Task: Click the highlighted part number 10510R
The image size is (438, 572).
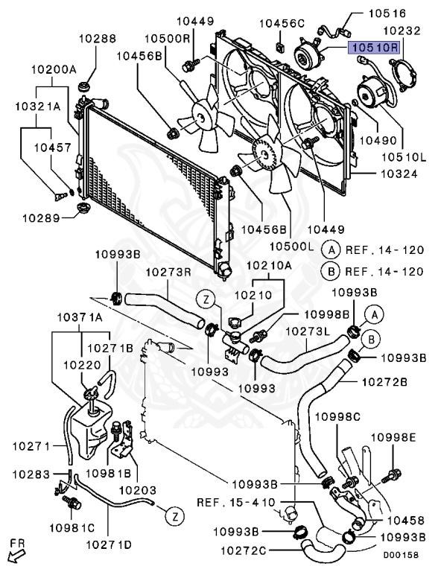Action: click(x=374, y=48)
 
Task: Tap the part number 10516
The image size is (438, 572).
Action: click(x=387, y=14)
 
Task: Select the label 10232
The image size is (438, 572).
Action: click(x=402, y=31)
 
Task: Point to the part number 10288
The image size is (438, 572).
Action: click(x=98, y=39)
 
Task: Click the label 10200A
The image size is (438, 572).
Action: click(x=54, y=69)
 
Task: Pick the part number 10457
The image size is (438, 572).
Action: click(x=53, y=147)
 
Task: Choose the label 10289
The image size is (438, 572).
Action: click(x=41, y=218)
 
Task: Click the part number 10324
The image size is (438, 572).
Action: click(x=399, y=174)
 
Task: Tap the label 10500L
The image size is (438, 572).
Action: click(x=292, y=247)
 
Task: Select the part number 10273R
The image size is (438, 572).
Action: click(x=168, y=272)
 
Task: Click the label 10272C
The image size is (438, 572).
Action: click(x=243, y=550)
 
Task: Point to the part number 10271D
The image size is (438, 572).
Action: click(x=109, y=544)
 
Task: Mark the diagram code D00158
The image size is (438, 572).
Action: click(x=401, y=555)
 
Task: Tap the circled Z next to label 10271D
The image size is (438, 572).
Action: click(x=175, y=517)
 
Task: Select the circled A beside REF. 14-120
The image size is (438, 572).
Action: click(x=331, y=250)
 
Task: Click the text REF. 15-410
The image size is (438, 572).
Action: click(x=236, y=502)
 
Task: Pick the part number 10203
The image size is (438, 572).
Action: click(x=138, y=490)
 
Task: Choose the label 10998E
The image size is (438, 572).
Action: click(x=393, y=437)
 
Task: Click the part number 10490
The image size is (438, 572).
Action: click(x=378, y=140)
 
